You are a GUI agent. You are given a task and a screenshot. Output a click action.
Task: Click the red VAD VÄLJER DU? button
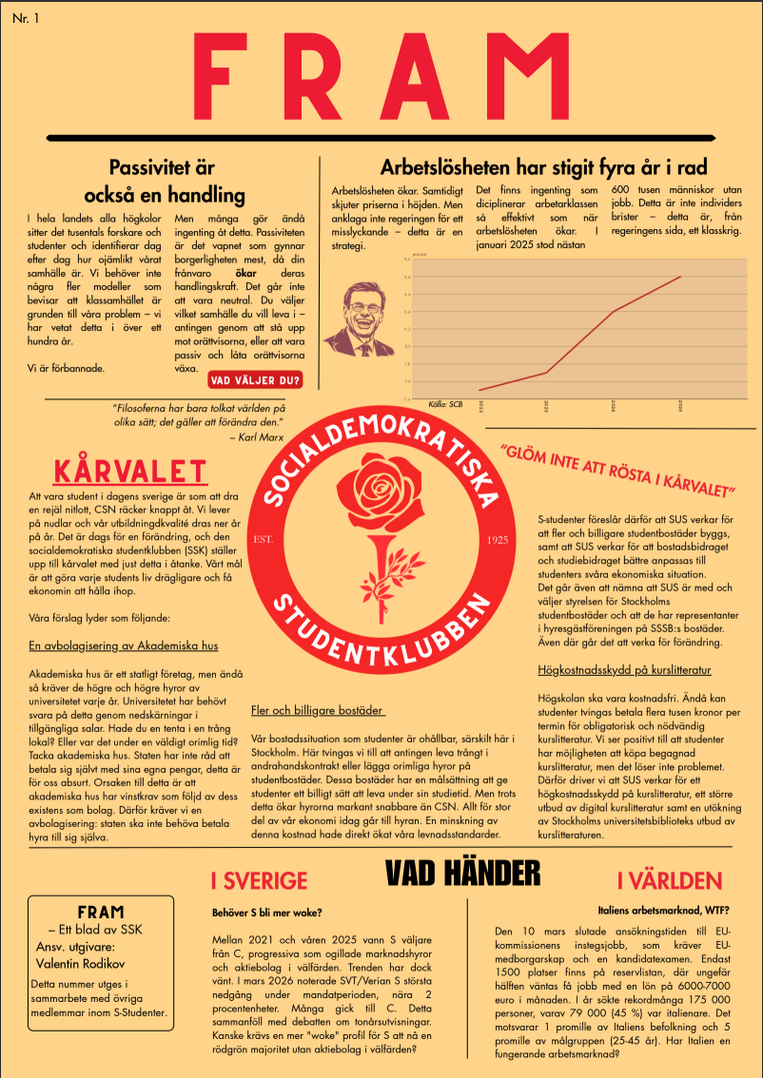coord(255,380)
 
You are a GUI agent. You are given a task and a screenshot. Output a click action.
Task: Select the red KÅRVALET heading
coord(130,472)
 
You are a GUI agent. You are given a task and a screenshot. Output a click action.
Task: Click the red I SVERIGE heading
coord(259,879)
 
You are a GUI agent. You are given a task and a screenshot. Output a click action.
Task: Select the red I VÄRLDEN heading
coord(669,880)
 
